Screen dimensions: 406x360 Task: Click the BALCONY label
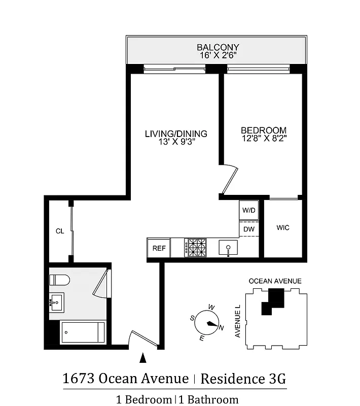pos(218,47)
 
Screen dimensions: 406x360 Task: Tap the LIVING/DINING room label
pos(176,134)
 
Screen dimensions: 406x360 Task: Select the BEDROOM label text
pos(263,130)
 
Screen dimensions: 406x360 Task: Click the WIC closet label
pos(283,228)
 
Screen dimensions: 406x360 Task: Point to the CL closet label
pos(60,231)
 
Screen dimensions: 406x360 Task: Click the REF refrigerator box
pos(159,248)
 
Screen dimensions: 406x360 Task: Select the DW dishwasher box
pos(248,229)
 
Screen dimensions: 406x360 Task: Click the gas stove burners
pos(196,248)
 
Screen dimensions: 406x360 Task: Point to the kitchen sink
pos(229,248)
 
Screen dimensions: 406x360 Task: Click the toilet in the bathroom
pos(60,280)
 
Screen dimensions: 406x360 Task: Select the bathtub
pos(83,333)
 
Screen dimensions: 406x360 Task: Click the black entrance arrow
pos(143,358)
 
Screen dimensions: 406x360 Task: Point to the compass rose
pos(207,323)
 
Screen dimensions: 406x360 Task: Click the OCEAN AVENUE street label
pos(275,281)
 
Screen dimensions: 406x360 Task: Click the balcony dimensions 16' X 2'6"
pos(218,55)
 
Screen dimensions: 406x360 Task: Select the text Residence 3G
pos(243,379)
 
